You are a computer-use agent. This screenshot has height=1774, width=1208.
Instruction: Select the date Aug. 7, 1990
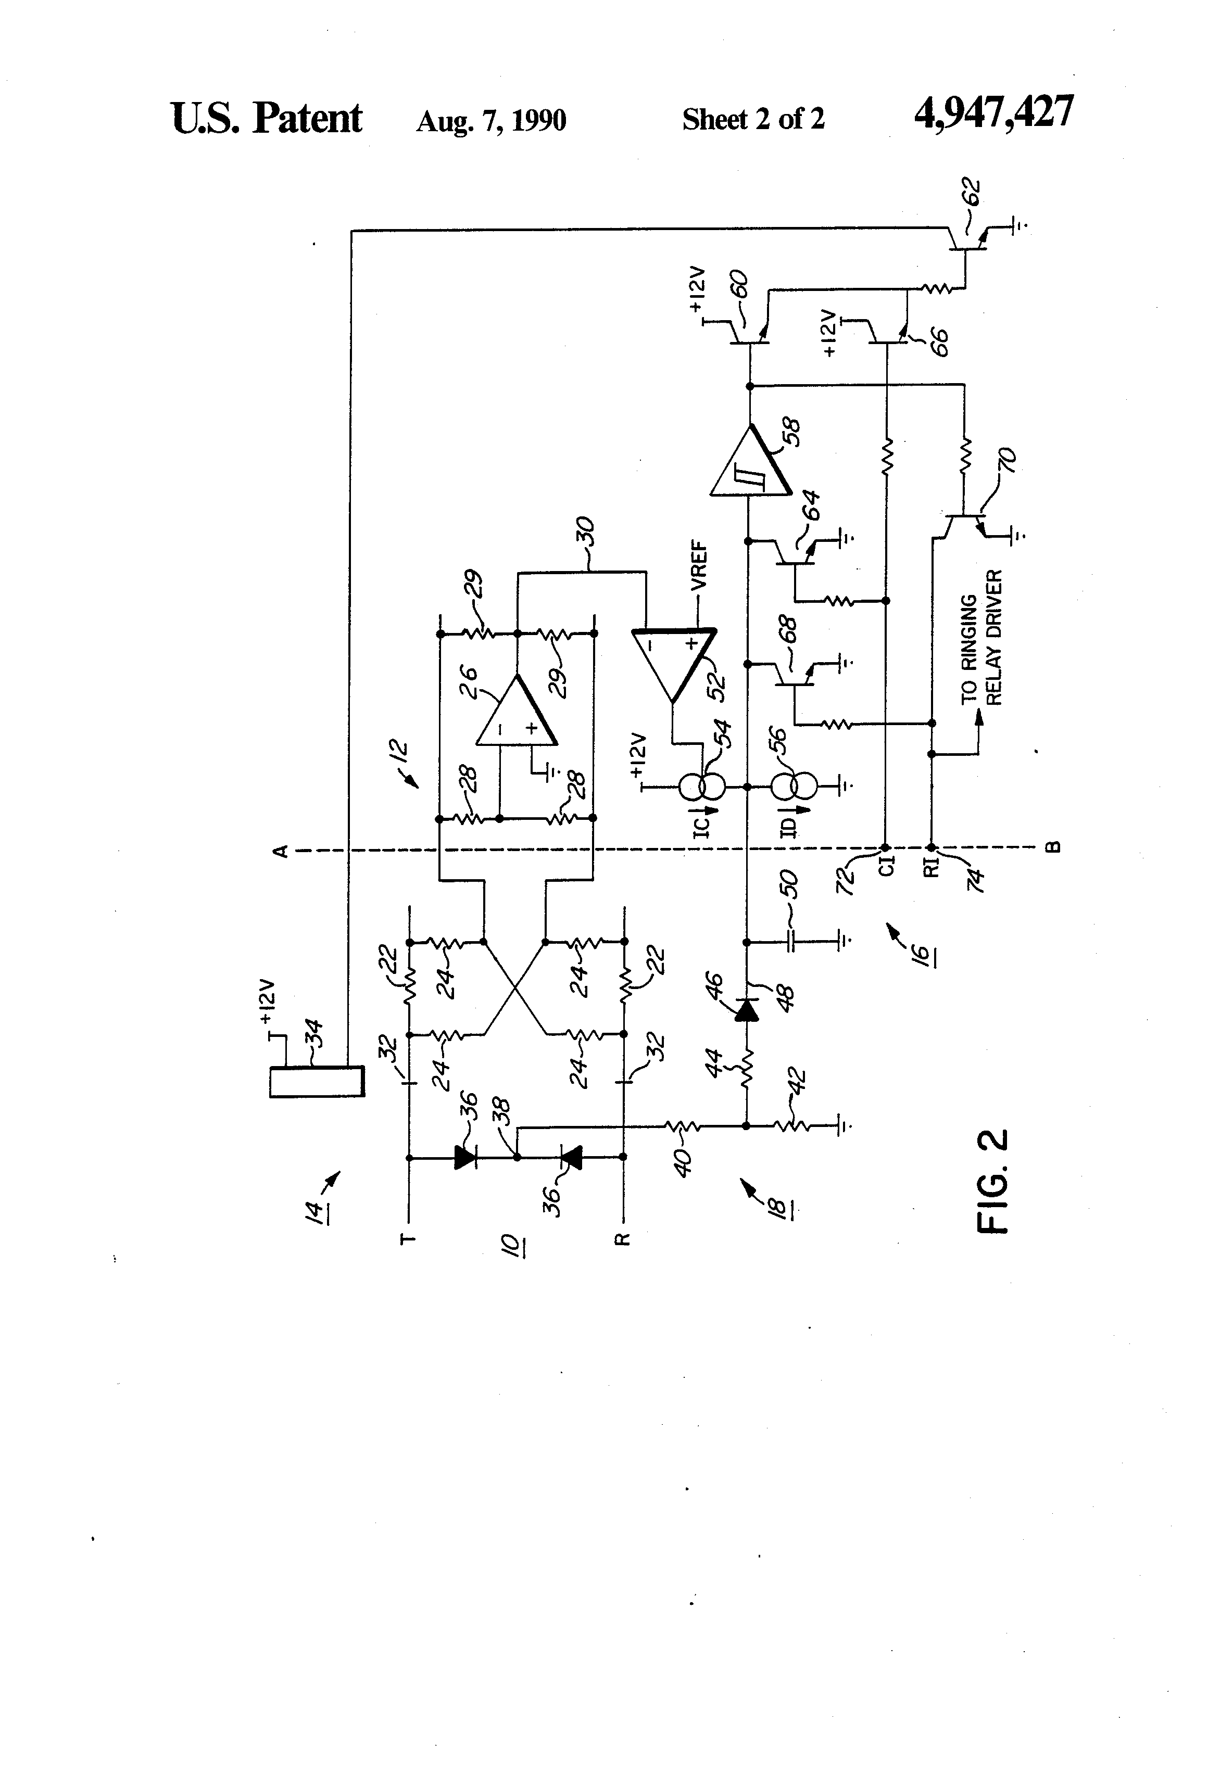491,121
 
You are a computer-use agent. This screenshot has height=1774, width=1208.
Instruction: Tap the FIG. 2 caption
992,1182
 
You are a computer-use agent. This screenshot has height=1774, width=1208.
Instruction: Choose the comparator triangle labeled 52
673,661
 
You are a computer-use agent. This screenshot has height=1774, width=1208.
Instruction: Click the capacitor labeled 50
792,941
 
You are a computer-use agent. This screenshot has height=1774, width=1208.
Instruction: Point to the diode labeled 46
746,1011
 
